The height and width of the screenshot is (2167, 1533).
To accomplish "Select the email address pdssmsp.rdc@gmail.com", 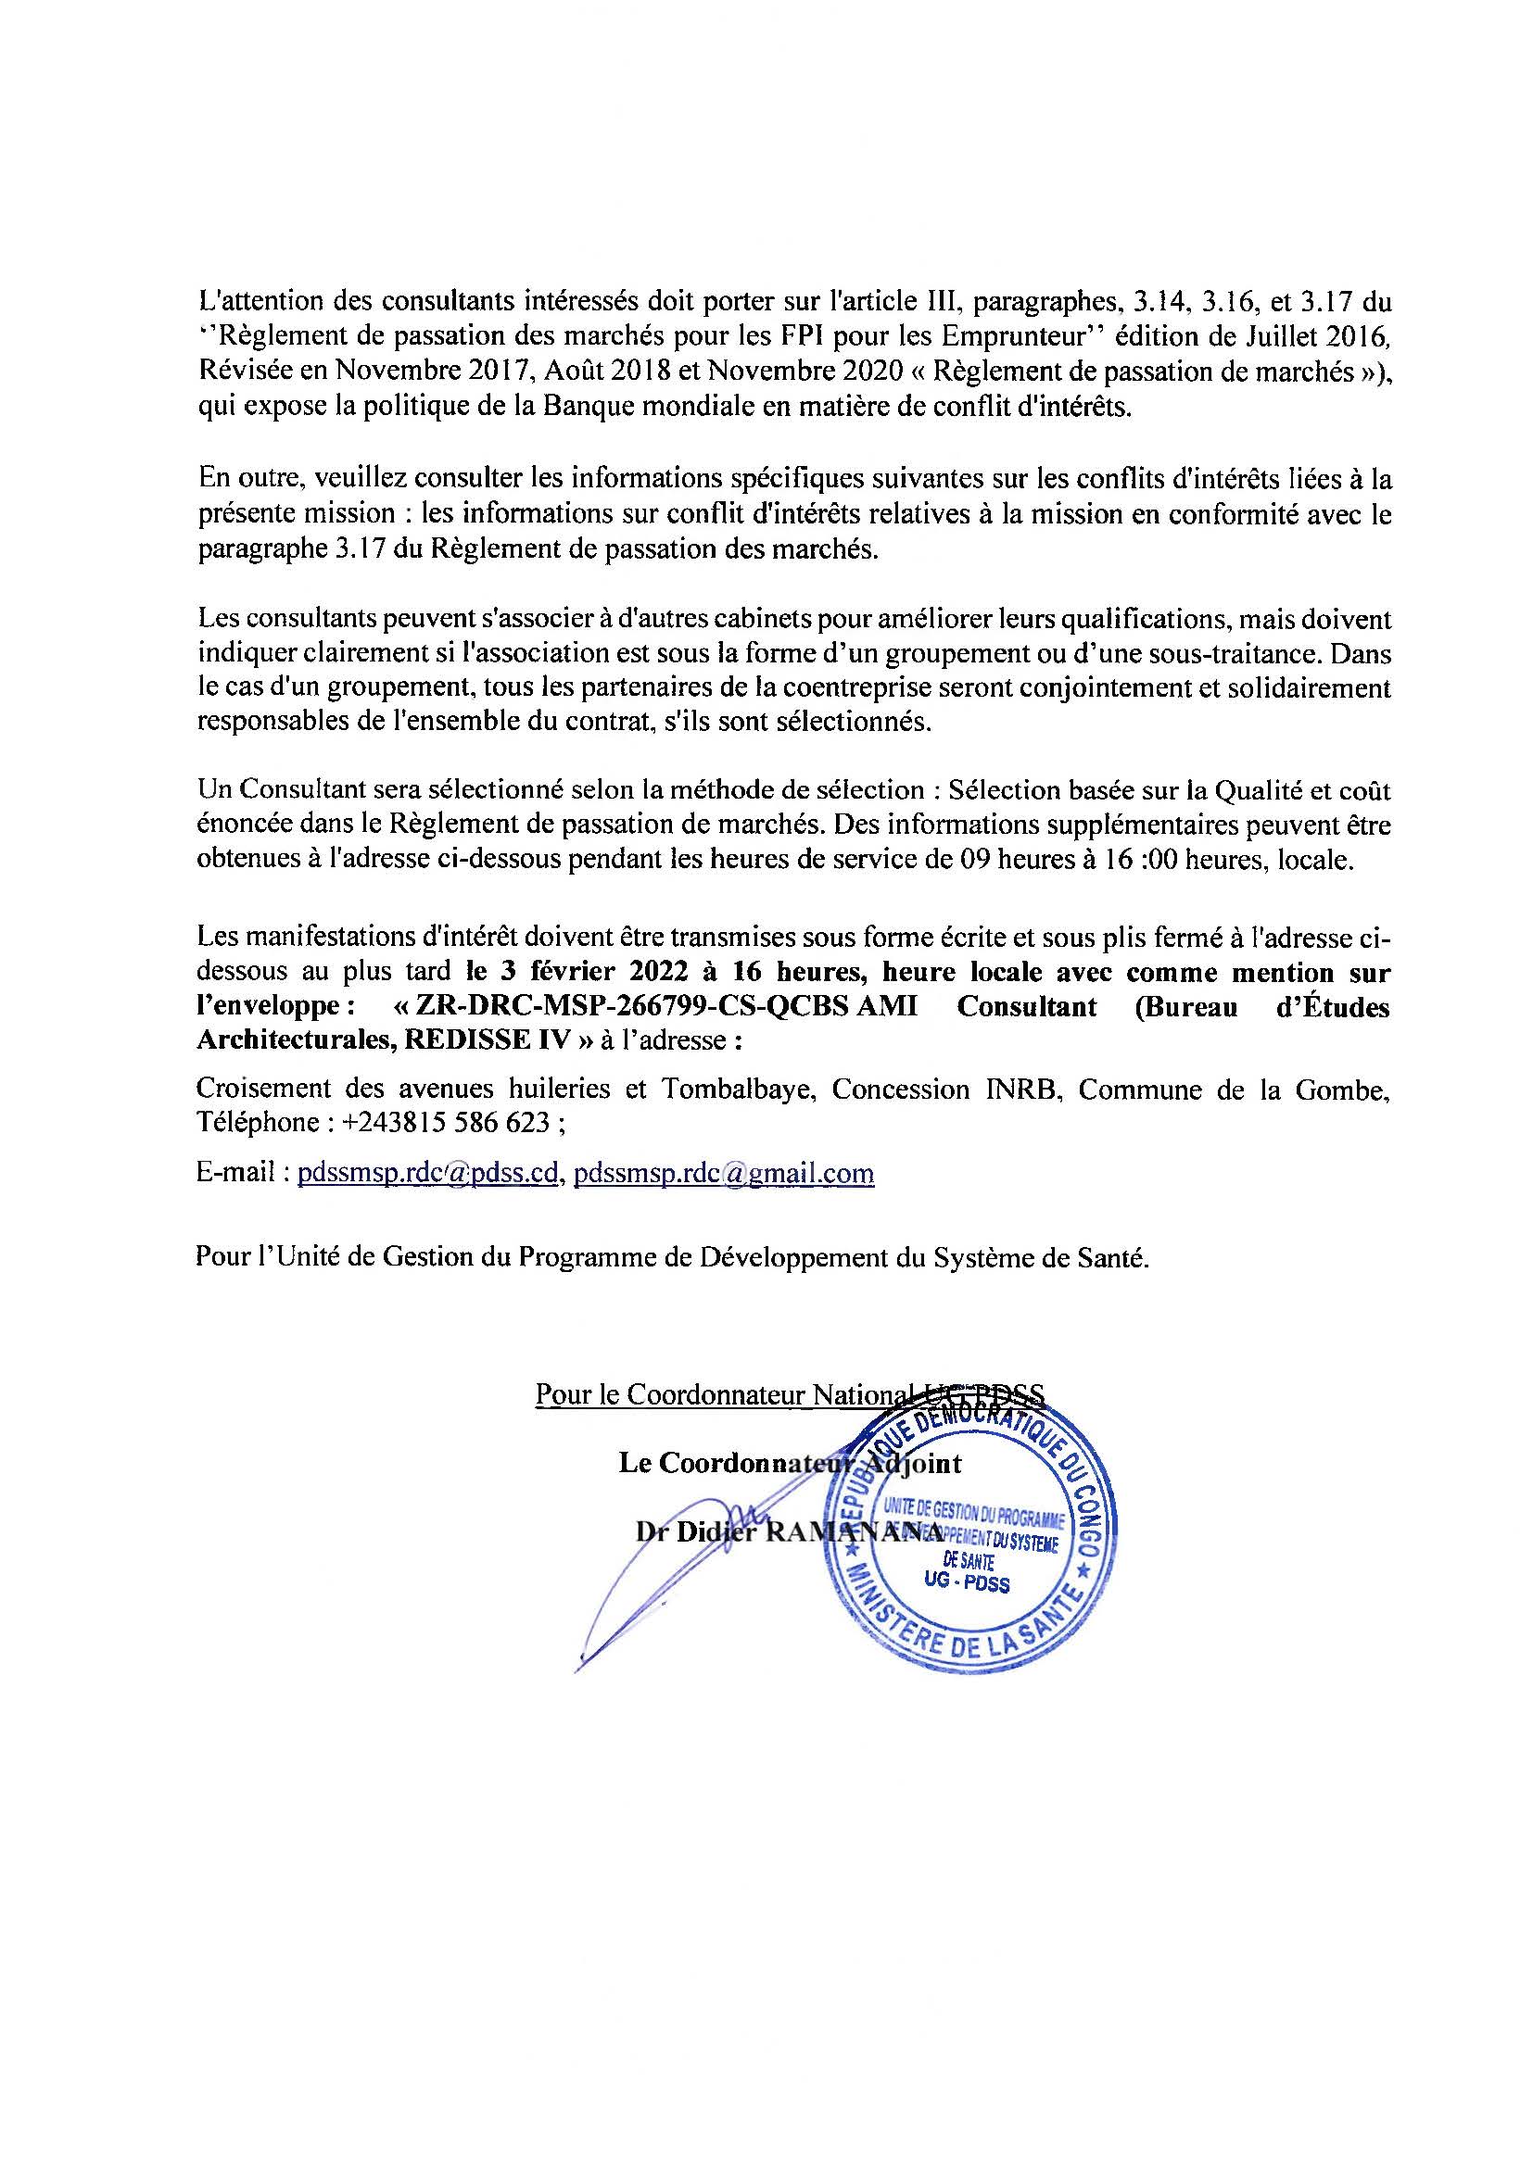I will [723, 1174].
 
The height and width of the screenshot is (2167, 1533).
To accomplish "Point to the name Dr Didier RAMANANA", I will [789, 1532].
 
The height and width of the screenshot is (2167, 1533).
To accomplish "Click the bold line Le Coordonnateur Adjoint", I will [789, 1464].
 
